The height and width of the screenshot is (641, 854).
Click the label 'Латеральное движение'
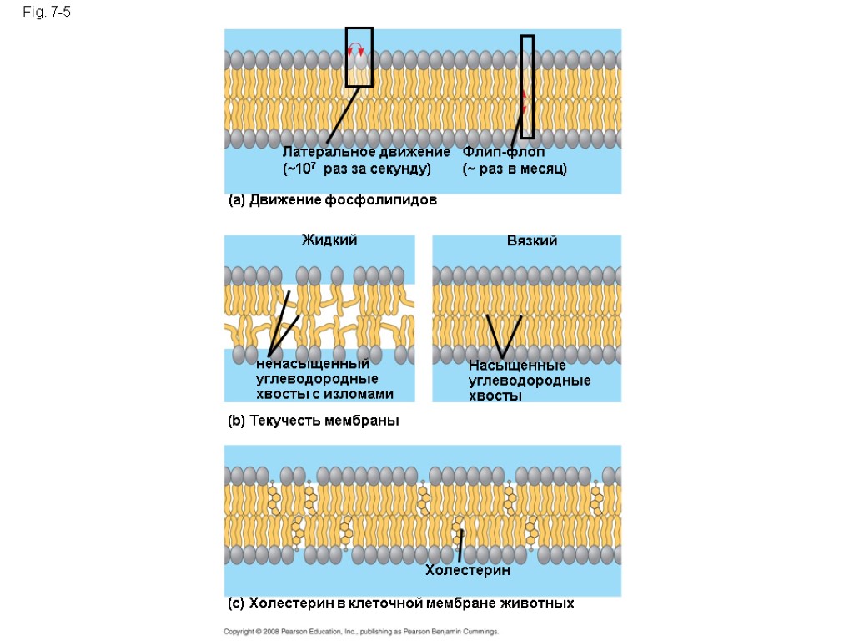pyautogui.click(x=366, y=153)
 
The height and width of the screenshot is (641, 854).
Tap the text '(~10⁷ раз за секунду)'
pyautogui.click(x=357, y=169)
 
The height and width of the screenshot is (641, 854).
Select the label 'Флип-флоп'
pyautogui.click(x=504, y=153)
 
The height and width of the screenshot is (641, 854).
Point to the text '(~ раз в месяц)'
pyautogui.click(x=515, y=169)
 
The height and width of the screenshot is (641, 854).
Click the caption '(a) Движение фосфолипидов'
pyautogui.click(x=332, y=201)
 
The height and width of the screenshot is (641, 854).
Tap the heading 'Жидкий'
pyautogui.click(x=329, y=240)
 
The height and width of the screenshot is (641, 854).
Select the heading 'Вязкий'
pyautogui.click(x=532, y=240)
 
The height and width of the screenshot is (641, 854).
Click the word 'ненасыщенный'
pyautogui.click(x=313, y=365)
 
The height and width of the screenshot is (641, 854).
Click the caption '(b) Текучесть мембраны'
pyautogui.click(x=314, y=421)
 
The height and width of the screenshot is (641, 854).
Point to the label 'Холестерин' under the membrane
pyautogui.click(x=467, y=571)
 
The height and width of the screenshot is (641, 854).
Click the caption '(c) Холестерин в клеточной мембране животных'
pyautogui.click(x=401, y=603)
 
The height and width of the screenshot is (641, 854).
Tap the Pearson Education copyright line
pyautogui.click(x=361, y=632)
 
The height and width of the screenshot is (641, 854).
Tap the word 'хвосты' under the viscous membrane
pyautogui.click(x=495, y=396)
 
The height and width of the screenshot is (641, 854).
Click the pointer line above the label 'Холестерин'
pyautogui.click(x=460, y=546)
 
